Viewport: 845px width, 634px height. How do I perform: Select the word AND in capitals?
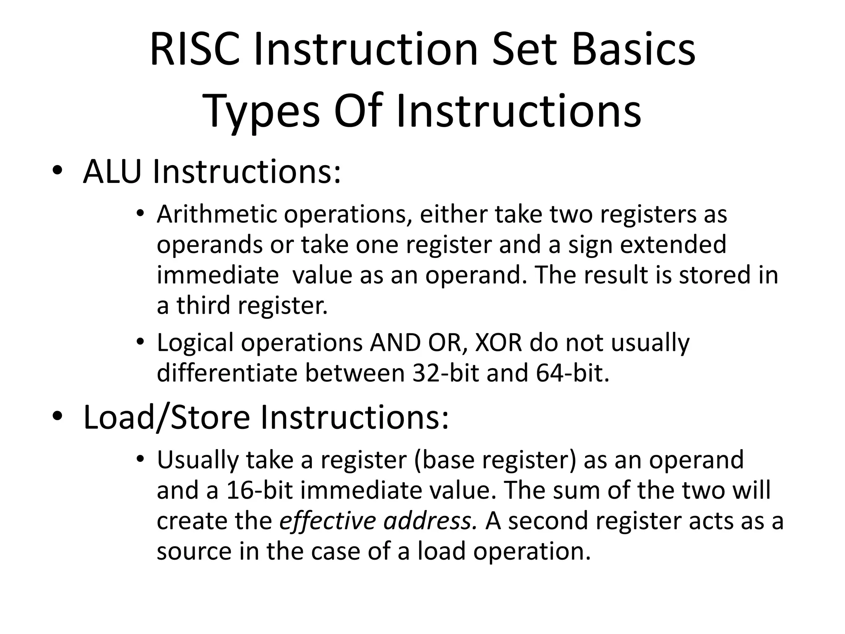[394, 343]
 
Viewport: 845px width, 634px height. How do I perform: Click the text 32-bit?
[446, 373]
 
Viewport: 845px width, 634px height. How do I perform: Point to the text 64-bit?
[572, 373]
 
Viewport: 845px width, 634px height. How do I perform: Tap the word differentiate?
[227, 373]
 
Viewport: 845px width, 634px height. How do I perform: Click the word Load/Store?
[167, 418]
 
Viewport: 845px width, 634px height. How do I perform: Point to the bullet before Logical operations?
[141, 343]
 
